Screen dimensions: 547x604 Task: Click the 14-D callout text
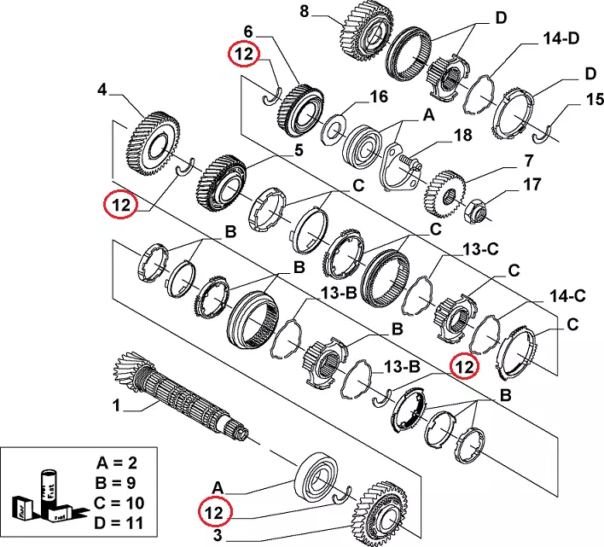tap(560, 39)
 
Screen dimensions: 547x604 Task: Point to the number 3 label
tap(218, 535)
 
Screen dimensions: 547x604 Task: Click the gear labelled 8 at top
tap(363, 32)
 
